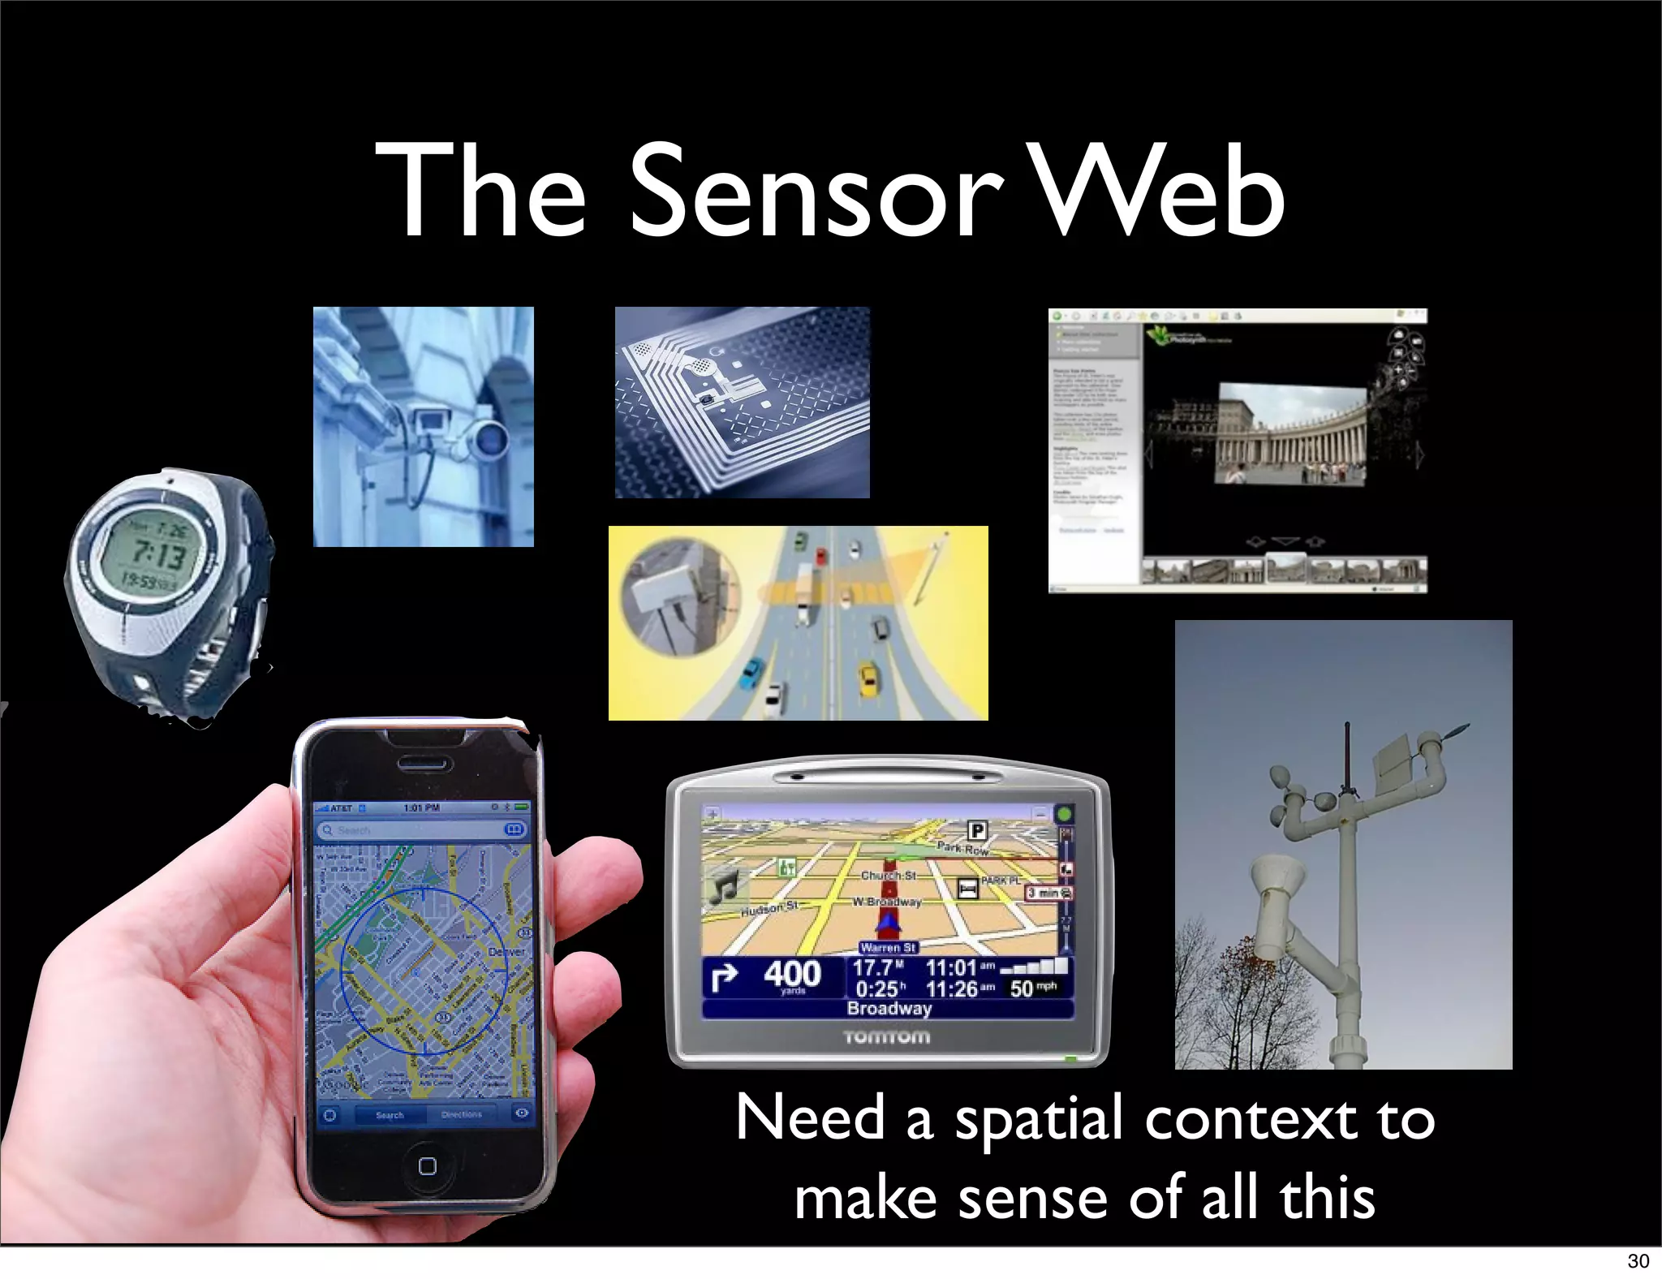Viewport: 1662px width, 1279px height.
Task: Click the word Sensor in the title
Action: point(816,192)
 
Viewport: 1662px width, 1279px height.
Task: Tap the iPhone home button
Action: point(427,1165)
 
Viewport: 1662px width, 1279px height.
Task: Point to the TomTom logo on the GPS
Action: point(887,1036)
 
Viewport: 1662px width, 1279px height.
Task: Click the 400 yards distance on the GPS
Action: point(792,975)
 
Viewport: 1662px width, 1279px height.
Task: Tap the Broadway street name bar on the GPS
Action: point(889,1009)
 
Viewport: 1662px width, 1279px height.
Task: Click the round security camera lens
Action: point(490,439)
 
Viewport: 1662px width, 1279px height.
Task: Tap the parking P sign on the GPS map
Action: point(977,830)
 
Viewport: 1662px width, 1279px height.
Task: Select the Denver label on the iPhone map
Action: point(506,951)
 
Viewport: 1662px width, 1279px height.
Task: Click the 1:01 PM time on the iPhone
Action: point(421,807)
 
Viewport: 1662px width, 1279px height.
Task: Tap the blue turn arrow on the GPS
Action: point(724,976)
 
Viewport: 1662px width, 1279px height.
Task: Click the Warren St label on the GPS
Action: point(888,947)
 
